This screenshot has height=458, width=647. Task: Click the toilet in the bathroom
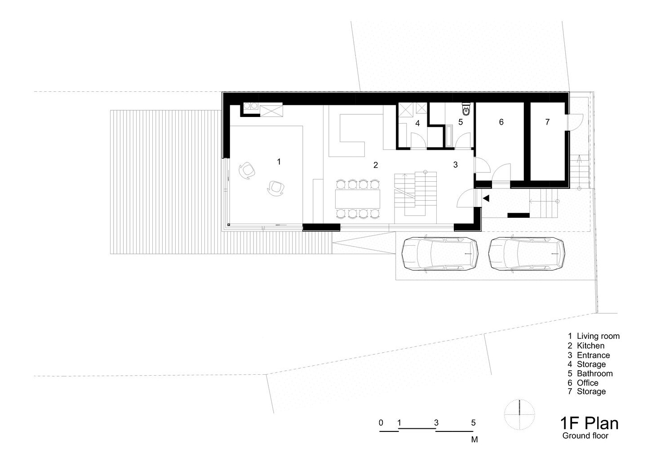[x=466, y=109]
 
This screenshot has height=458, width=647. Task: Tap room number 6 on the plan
[x=501, y=122]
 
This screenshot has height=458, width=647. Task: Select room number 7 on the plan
[x=547, y=122]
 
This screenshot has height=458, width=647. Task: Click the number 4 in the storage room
[x=417, y=123]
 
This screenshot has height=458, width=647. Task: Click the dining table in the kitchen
[x=358, y=199]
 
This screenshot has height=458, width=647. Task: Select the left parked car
[x=440, y=254]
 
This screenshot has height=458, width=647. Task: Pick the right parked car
[x=527, y=254]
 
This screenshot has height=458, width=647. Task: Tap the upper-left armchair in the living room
[x=247, y=171]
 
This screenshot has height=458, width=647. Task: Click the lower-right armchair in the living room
[x=275, y=189]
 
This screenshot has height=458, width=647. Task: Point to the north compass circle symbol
[x=519, y=415]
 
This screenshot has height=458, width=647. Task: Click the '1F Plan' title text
[x=589, y=423]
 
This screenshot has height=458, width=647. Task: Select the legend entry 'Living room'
[x=598, y=336]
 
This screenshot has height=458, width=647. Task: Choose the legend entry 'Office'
[x=588, y=383]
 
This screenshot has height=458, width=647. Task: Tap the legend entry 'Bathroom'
[x=595, y=373]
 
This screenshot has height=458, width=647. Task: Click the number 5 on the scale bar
[x=473, y=423]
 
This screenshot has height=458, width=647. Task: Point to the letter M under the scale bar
[x=474, y=440]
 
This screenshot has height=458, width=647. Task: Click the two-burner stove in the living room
[x=250, y=106]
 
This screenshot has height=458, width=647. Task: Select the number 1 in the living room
[x=279, y=162]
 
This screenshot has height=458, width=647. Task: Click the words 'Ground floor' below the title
[x=585, y=436]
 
